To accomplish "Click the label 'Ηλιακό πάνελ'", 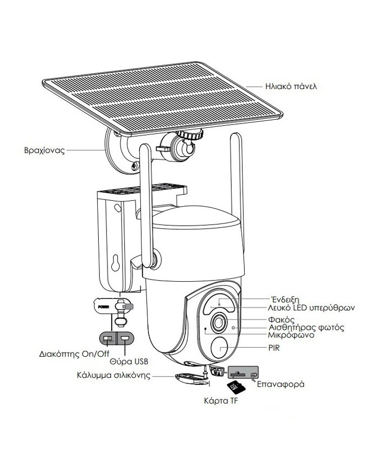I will pos(291,86).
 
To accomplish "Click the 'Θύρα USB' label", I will pos(129,361).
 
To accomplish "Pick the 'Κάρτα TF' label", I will pos(221,402).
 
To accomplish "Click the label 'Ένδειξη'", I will pos(284,298).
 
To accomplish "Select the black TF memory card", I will pos(234,387).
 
